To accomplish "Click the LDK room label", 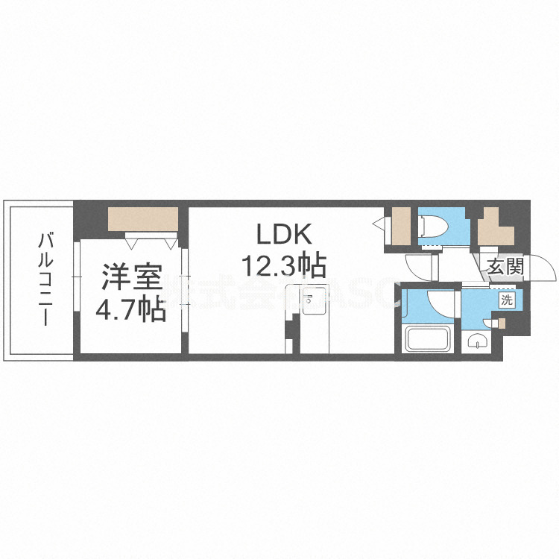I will [x=282, y=236].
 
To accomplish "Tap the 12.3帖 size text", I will [x=282, y=264].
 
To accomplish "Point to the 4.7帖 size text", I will [x=130, y=309].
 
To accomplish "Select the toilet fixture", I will [x=432, y=226].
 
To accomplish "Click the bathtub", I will [x=426, y=340].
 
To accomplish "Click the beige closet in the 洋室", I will [x=143, y=219].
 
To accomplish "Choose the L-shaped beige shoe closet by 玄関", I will [x=496, y=227].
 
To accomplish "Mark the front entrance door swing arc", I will [x=543, y=268].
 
